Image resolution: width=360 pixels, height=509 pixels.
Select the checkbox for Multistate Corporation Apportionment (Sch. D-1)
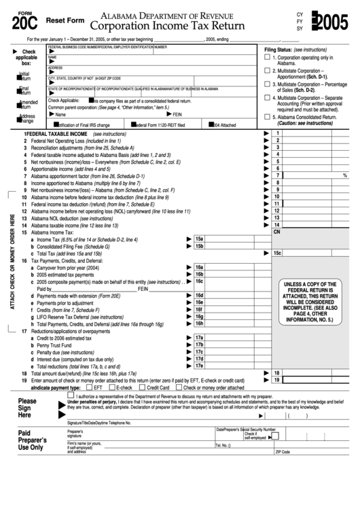(267, 71)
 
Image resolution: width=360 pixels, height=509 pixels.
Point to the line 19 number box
(276, 380)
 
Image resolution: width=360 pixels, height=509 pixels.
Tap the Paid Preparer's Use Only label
(33, 440)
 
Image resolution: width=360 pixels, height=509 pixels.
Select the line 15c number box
(276, 253)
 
